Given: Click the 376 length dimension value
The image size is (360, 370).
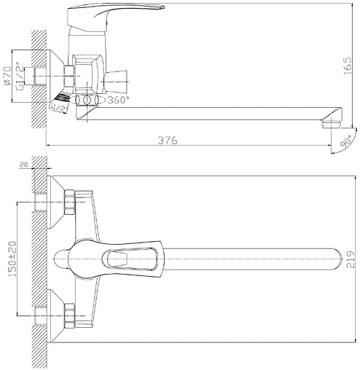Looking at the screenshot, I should (x=167, y=141).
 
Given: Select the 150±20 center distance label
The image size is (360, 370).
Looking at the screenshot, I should (x=9, y=257).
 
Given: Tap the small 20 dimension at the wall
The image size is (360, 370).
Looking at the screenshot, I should (x=24, y=167).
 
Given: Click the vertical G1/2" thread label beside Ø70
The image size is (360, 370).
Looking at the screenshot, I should (x=20, y=75).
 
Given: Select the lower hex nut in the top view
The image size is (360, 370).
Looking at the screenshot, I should (x=69, y=314).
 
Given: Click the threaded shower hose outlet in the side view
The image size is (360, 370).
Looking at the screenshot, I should (x=64, y=97).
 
